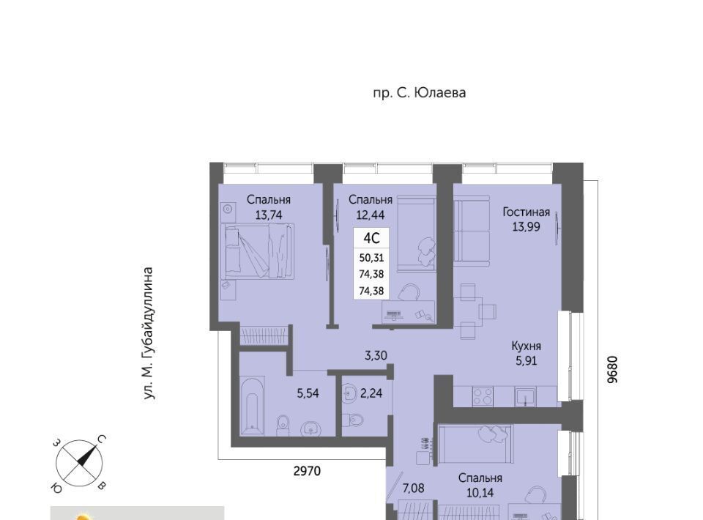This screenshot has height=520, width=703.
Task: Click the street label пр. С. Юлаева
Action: coord(419,93)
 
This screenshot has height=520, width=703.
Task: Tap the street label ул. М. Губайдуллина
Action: coord(149,333)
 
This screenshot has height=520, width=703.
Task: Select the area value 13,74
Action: coord(269,215)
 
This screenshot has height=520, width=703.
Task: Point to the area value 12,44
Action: coord(371,215)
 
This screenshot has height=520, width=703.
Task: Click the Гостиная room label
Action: coord(526,212)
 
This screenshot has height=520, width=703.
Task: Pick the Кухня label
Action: coord(526,346)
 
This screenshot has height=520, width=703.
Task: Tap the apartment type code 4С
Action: coord(371,239)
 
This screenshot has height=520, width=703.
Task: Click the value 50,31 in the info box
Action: coord(371,258)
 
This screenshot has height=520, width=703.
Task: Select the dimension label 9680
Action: coord(612,369)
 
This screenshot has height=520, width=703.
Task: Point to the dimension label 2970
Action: coord(307,471)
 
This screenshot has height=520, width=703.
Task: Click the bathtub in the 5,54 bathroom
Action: coord(253,406)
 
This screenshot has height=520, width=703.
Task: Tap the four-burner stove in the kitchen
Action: coord(483,397)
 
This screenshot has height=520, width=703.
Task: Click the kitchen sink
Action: coord(524,397)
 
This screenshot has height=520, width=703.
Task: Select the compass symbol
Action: coord(80,463)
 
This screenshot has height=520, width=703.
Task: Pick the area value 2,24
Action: coord(371,393)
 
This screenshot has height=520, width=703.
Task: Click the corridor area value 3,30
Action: coord(376,355)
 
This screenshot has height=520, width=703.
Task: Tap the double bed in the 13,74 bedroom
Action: coord(258,251)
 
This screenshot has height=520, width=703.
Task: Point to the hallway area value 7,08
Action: coord(413,488)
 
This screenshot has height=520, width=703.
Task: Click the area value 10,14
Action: coord(480,493)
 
